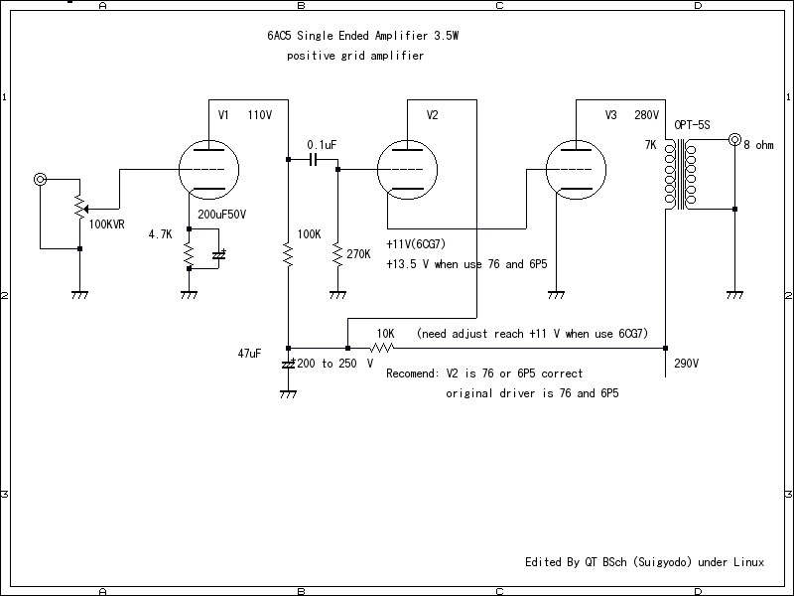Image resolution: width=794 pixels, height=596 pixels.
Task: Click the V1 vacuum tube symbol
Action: [208, 170]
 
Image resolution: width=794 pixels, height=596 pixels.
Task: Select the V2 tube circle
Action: [407, 170]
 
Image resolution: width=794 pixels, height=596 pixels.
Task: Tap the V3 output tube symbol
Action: [576, 170]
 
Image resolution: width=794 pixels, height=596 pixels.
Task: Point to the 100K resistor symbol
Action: [288, 256]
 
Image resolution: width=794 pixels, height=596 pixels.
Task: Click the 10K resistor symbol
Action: [382, 348]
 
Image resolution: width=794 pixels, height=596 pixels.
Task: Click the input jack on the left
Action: [40, 180]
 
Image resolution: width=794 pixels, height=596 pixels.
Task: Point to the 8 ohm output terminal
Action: [734, 140]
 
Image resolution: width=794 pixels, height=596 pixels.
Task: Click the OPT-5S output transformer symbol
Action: [680, 175]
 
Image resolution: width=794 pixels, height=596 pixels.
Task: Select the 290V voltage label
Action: [687, 363]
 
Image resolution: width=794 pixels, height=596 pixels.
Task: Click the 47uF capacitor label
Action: [249, 354]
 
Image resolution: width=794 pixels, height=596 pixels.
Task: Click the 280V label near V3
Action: [646, 115]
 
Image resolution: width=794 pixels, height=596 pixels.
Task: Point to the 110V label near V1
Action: [259, 115]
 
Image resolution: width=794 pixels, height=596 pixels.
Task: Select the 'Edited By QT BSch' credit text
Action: [644, 562]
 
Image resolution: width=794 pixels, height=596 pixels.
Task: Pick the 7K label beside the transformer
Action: [650, 145]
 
